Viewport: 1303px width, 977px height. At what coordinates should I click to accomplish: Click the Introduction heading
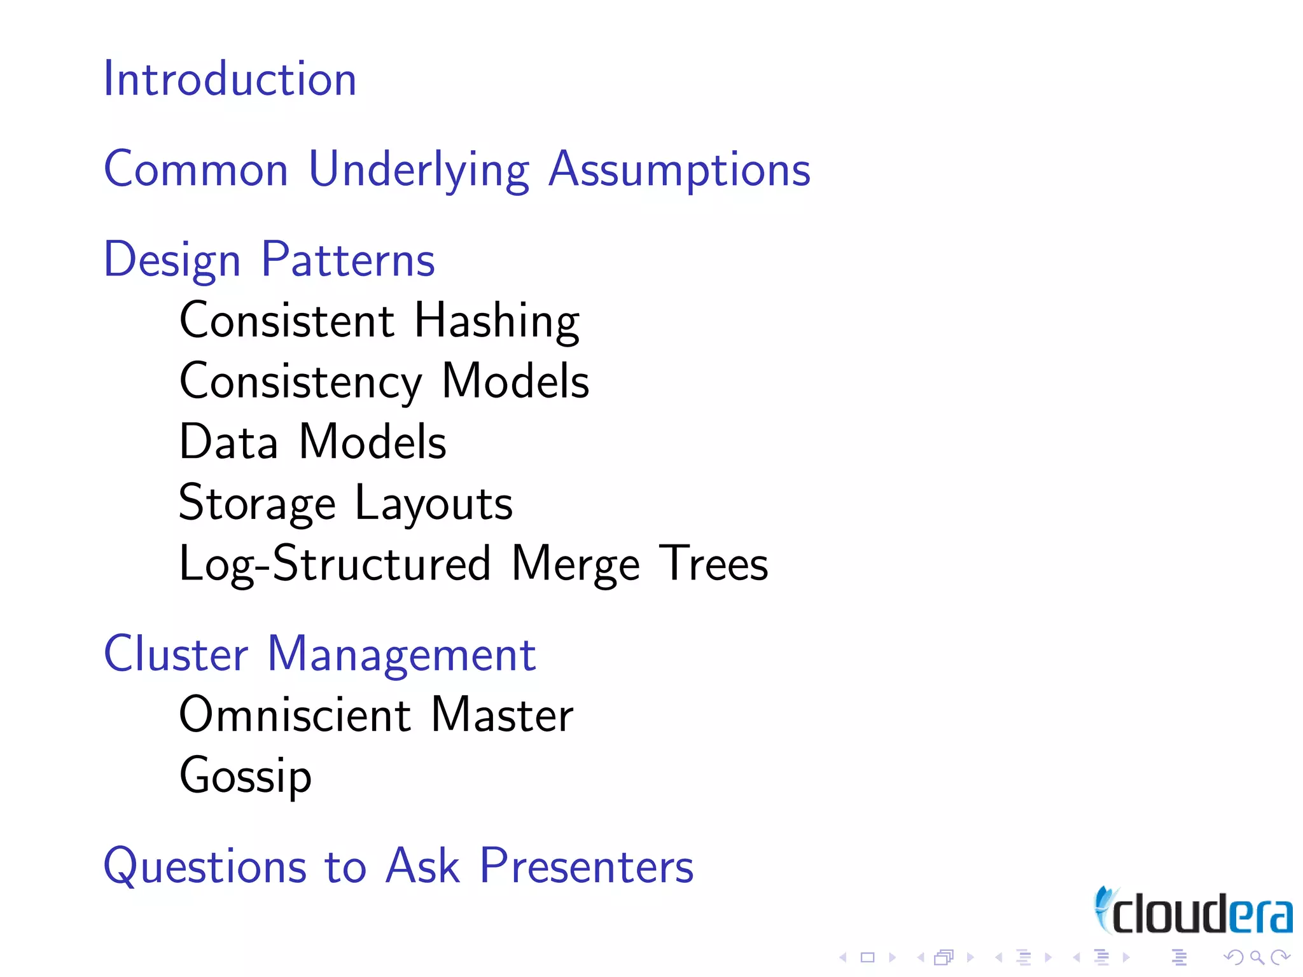tap(230, 80)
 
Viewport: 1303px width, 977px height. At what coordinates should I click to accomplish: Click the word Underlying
tap(419, 170)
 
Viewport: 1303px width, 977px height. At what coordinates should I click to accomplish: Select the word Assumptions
tap(679, 170)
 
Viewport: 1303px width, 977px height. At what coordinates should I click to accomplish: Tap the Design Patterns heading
tap(269, 260)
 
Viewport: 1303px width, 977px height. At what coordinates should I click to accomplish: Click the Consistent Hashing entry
tap(379, 321)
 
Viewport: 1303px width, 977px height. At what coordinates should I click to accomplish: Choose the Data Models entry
tap(312, 442)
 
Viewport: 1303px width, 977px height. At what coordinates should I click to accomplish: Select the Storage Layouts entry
tap(345, 503)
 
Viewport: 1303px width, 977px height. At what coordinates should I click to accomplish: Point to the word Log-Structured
tap(335, 564)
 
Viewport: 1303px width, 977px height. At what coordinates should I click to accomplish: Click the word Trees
tap(713, 564)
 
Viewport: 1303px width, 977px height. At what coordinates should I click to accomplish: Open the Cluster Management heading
tap(319, 655)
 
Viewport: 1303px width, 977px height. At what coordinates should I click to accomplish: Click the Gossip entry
tap(246, 776)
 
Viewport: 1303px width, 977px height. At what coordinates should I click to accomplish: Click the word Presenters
tap(586, 866)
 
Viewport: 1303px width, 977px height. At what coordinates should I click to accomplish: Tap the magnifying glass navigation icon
tap(1257, 957)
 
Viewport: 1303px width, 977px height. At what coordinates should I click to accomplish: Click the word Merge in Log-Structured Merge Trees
tap(575, 564)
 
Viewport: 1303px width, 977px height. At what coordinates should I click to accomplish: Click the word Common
tap(196, 170)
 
